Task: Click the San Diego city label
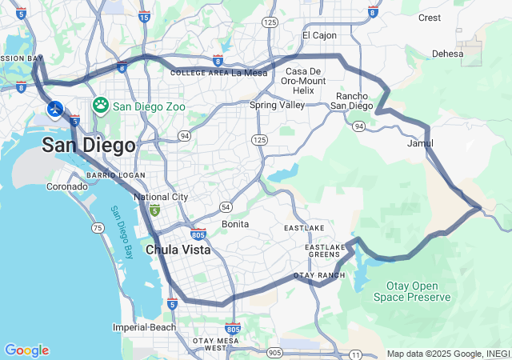(x=88, y=145)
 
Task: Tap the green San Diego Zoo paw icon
(x=101, y=105)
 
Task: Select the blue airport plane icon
(x=55, y=108)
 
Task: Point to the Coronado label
(x=66, y=186)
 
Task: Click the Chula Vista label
(x=178, y=250)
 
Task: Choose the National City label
(x=161, y=197)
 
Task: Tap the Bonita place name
(x=235, y=224)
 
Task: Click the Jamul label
(x=420, y=144)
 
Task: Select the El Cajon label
(x=319, y=36)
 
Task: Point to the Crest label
(x=430, y=18)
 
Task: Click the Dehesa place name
(x=447, y=54)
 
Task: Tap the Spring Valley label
(x=277, y=105)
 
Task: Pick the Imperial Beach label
(x=144, y=327)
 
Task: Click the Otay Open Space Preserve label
(x=412, y=292)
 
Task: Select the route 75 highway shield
(x=98, y=228)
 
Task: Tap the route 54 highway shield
(x=226, y=206)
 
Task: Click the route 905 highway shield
(x=274, y=352)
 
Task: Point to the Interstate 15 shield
(x=144, y=16)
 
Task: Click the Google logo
(x=26, y=350)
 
